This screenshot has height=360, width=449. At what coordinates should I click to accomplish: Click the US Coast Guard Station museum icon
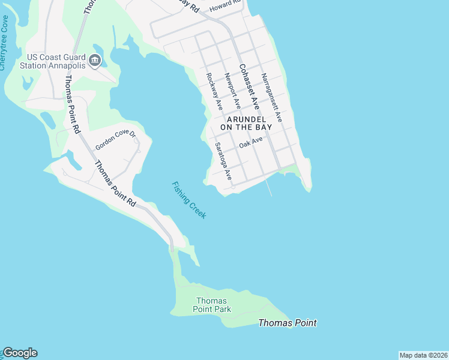(x=95, y=60)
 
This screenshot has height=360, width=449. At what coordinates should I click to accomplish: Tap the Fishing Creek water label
(x=188, y=200)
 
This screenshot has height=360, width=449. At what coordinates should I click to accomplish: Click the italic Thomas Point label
(x=287, y=323)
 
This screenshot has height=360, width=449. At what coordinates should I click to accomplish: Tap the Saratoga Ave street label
(x=223, y=161)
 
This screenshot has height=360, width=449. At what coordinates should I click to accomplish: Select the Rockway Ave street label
(x=214, y=91)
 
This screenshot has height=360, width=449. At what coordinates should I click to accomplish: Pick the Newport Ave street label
(x=232, y=91)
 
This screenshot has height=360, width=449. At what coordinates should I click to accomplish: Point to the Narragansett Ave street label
(x=271, y=98)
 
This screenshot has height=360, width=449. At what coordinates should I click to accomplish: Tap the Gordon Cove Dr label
(x=115, y=139)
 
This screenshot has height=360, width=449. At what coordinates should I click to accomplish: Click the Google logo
(x=20, y=353)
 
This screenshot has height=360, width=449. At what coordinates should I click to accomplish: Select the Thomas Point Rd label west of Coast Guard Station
(x=72, y=103)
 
